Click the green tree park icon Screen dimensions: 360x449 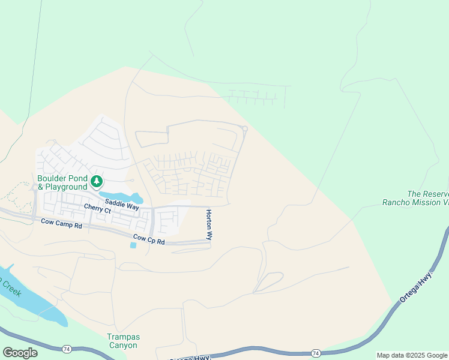pyautogui.click(x=96, y=181)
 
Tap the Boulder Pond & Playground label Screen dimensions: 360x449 pyautogui.click(x=62, y=183)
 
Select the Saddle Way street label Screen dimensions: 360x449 pyautogui.click(x=122, y=205)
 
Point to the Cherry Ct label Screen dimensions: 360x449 pyautogui.click(x=97, y=209)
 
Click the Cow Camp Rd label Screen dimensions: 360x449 pyautogui.click(x=61, y=224)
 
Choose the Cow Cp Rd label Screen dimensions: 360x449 pyautogui.click(x=148, y=239)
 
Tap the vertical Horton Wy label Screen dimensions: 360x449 pyautogui.click(x=209, y=225)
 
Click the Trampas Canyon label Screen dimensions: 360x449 pyautogui.click(x=122, y=341)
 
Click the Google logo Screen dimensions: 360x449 pyautogui.click(x=20, y=353)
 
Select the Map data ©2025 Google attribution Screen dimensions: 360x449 pyautogui.click(x=412, y=355)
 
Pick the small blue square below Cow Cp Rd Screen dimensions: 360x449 pyautogui.click(x=133, y=245)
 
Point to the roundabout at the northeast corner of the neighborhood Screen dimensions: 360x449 pyautogui.click(x=244, y=128)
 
